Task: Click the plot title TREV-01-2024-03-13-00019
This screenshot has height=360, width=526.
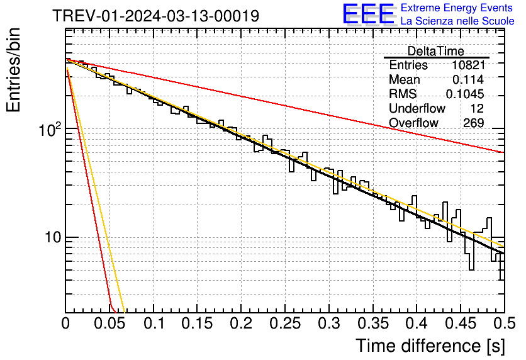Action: click(155, 16)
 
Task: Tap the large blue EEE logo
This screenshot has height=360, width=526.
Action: click(369, 14)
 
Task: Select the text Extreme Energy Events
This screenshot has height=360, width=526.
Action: click(457, 8)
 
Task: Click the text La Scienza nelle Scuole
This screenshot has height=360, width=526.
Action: click(457, 21)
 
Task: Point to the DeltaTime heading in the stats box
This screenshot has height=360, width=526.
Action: click(436, 51)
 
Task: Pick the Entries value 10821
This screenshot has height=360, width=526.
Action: click(468, 65)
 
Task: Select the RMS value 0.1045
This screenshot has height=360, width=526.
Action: click(465, 94)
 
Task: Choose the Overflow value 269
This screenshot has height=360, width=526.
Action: click(473, 123)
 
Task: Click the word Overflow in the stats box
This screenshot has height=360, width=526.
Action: click(413, 123)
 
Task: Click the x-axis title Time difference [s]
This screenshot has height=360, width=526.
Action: click(430, 346)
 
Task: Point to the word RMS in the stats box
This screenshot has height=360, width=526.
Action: click(403, 94)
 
